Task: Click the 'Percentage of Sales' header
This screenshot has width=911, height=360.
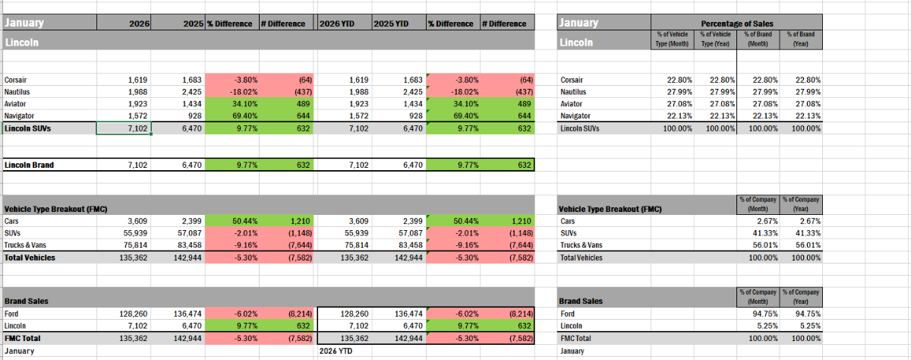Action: [x=738, y=24]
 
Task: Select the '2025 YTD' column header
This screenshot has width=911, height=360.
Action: [x=391, y=24]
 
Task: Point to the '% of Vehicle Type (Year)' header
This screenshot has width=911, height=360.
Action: [x=716, y=39]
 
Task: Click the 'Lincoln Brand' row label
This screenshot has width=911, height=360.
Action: [x=29, y=164]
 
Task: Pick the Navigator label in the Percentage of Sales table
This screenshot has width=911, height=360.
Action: [x=576, y=115]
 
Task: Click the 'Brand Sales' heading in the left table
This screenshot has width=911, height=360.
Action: [x=27, y=301]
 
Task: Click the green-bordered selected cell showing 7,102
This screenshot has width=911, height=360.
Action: [x=124, y=128]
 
